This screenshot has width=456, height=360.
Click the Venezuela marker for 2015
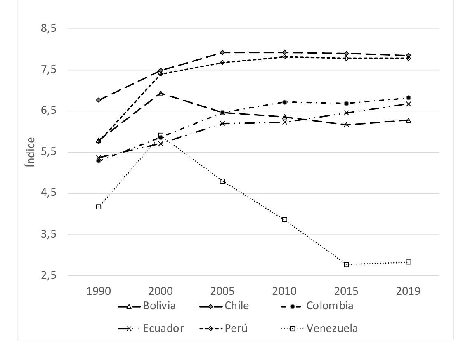[x=346, y=264]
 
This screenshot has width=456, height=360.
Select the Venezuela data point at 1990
[x=99, y=207]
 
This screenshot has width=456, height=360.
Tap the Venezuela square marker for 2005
[x=222, y=181]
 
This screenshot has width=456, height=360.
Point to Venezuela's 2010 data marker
[x=284, y=219]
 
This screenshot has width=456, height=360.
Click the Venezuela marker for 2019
[x=408, y=262]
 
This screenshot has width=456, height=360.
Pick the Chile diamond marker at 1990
[x=99, y=100]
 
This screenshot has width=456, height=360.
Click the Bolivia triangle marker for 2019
[x=408, y=120]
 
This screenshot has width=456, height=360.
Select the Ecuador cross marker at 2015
[x=346, y=113]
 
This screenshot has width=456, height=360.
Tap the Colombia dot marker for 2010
[x=284, y=102]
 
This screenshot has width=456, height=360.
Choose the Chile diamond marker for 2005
[x=222, y=52]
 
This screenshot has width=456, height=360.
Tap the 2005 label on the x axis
[x=222, y=291]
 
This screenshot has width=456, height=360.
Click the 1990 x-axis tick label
[x=99, y=291]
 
